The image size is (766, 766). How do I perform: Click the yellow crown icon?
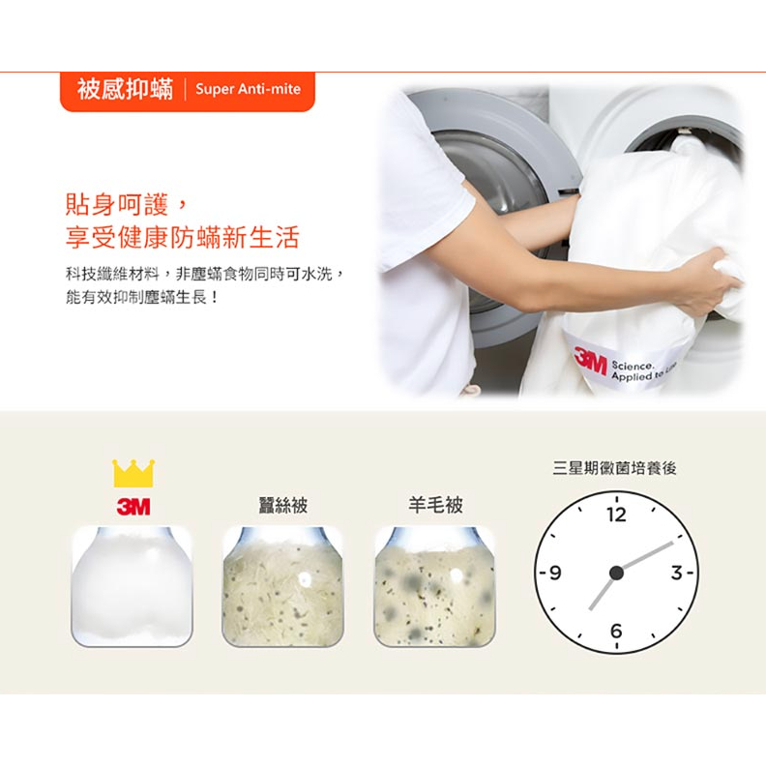click(133, 473)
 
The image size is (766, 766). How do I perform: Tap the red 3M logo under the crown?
click(133, 507)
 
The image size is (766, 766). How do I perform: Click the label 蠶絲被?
click(282, 505)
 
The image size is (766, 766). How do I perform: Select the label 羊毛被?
click(435, 505)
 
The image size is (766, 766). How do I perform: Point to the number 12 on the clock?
click(616, 515)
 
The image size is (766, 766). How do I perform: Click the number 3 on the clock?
click(676, 572)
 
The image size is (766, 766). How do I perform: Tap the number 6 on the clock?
click(616, 631)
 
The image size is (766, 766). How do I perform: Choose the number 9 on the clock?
click(555, 572)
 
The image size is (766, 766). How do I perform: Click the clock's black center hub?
click(616, 573)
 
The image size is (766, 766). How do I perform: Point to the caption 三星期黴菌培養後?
click(614, 468)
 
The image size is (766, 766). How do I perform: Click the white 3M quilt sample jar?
click(132, 587)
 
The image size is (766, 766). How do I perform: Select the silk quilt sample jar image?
click(282, 587)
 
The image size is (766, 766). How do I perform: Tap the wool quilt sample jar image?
click(434, 587)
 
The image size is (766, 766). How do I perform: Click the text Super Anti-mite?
click(248, 89)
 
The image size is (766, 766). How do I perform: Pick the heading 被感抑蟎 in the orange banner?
click(125, 89)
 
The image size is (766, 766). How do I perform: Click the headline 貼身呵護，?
click(126, 204)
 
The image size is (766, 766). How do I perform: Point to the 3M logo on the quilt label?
click(590, 361)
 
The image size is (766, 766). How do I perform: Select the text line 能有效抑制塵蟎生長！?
click(141, 297)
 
